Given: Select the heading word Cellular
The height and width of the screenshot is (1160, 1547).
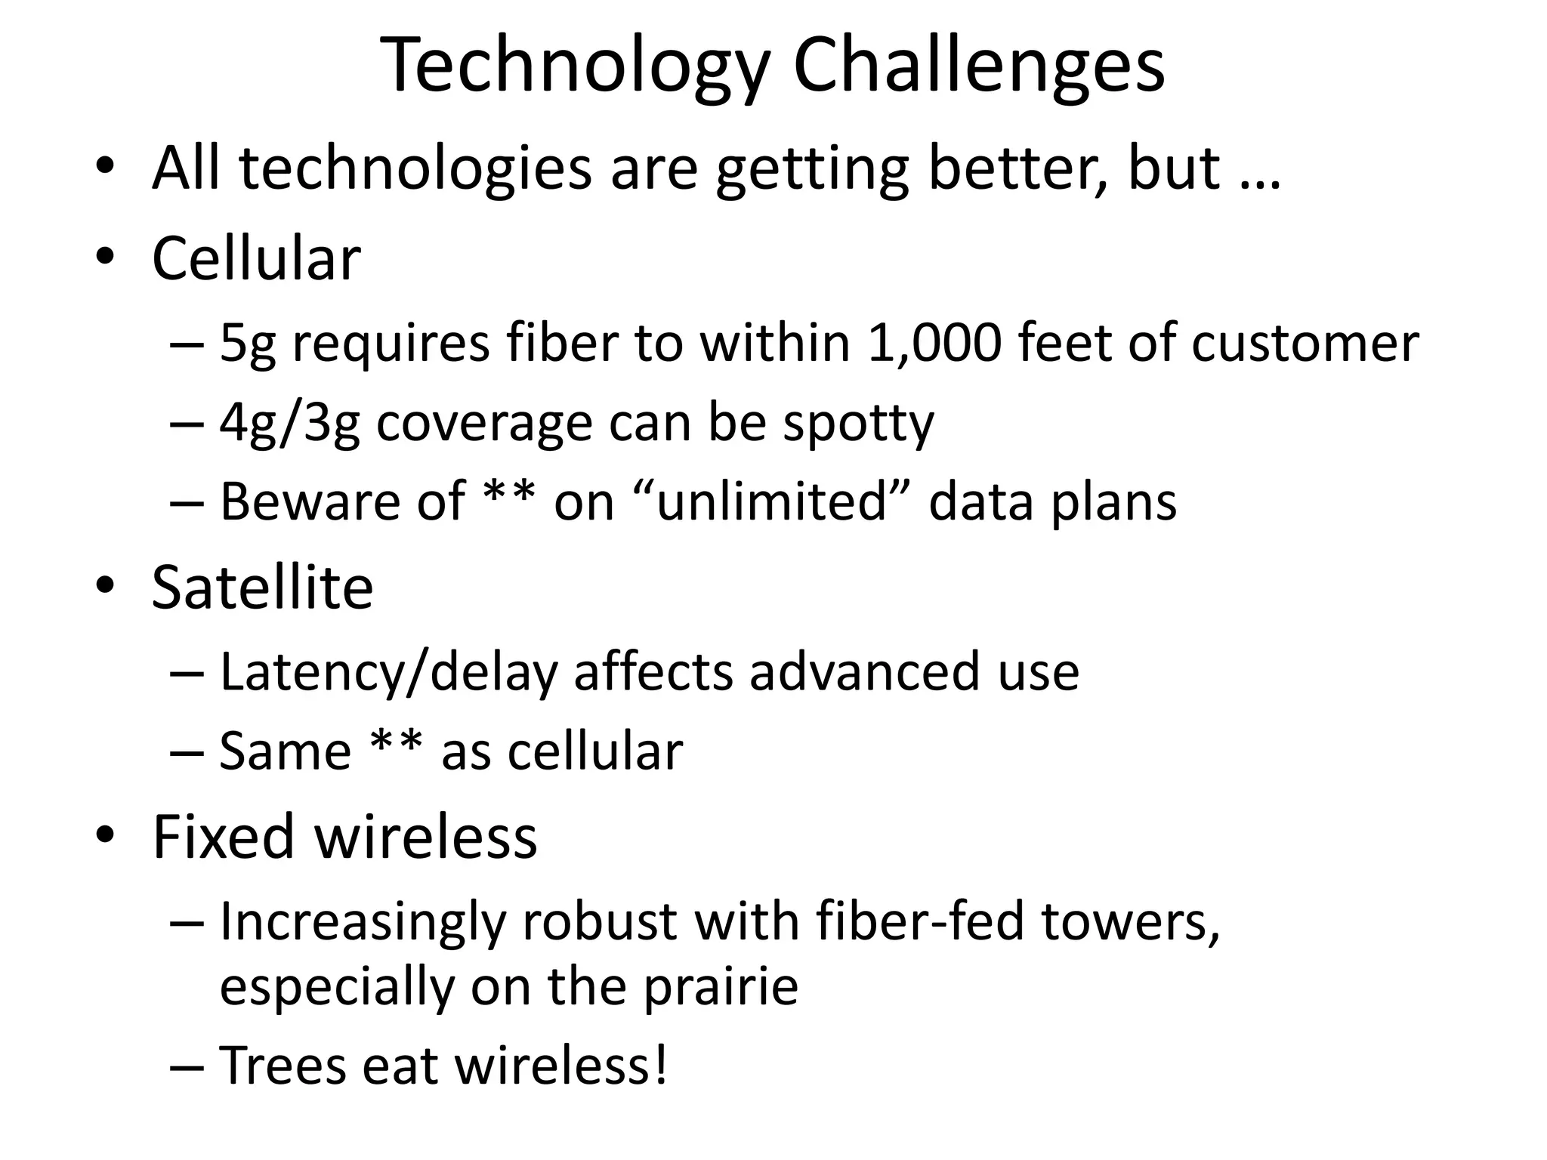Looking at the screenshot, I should [x=256, y=259].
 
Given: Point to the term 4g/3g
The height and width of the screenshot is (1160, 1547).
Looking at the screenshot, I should [x=289, y=423].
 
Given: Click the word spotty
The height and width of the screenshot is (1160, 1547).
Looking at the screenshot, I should [x=858, y=423].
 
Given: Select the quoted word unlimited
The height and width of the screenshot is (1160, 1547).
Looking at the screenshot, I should [x=771, y=501].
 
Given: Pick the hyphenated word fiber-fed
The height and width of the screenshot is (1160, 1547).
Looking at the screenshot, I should [x=919, y=922].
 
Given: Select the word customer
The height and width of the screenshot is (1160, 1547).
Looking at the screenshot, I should [x=1305, y=344].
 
